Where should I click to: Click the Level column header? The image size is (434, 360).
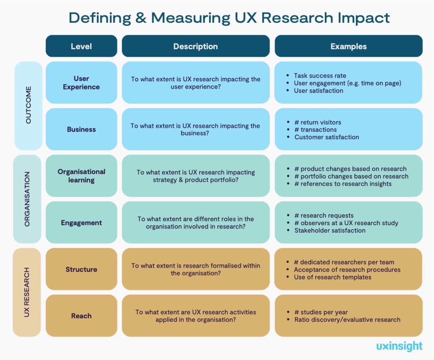pyautogui.click(x=81, y=46)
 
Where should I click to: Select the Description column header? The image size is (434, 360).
pyautogui.click(x=196, y=46)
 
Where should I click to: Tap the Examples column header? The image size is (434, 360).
pyautogui.click(x=349, y=46)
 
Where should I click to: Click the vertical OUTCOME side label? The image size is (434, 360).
pyautogui.click(x=28, y=105)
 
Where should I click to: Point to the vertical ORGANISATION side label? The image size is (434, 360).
pyautogui.click(x=27, y=199)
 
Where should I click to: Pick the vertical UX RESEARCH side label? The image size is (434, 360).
pyautogui.click(x=27, y=292)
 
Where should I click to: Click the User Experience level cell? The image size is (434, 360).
pyautogui.click(x=81, y=83)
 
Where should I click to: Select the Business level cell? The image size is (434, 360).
pyautogui.click(x=81, y=129)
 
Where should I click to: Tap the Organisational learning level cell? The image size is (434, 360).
pyautogui.click(x=81, y=176)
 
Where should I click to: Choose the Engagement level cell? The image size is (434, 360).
pyautogui.click(x=81, y=223)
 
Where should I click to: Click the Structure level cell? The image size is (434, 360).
pyautogui.click(x=81, y=269)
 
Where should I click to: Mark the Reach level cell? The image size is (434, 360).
pyautogui.click(x=81, y=316)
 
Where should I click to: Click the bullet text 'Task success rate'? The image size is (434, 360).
pyautogui.click(x=320, y=76)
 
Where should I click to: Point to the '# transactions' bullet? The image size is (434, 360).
pyautogui.click(x=315, y=130)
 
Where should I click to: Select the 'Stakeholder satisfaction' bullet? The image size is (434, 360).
pyautogui.click(x=330, y=230)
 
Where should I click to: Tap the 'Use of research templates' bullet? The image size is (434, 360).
pyautogui.click(x=333, y=277)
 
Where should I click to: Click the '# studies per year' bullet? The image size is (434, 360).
pyautogui.click(x=321, y=312)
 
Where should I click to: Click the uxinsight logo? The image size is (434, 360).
pyautogui.click(x=399, y=346)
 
